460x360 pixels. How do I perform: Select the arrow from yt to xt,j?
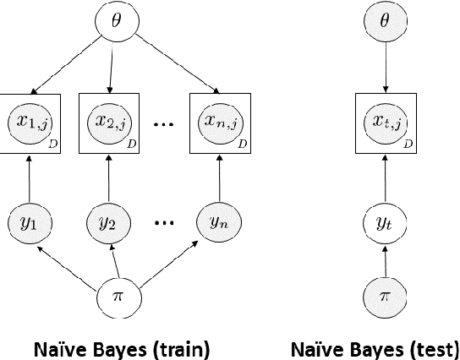point(386,177)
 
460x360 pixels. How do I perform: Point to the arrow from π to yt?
point(386,262)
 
